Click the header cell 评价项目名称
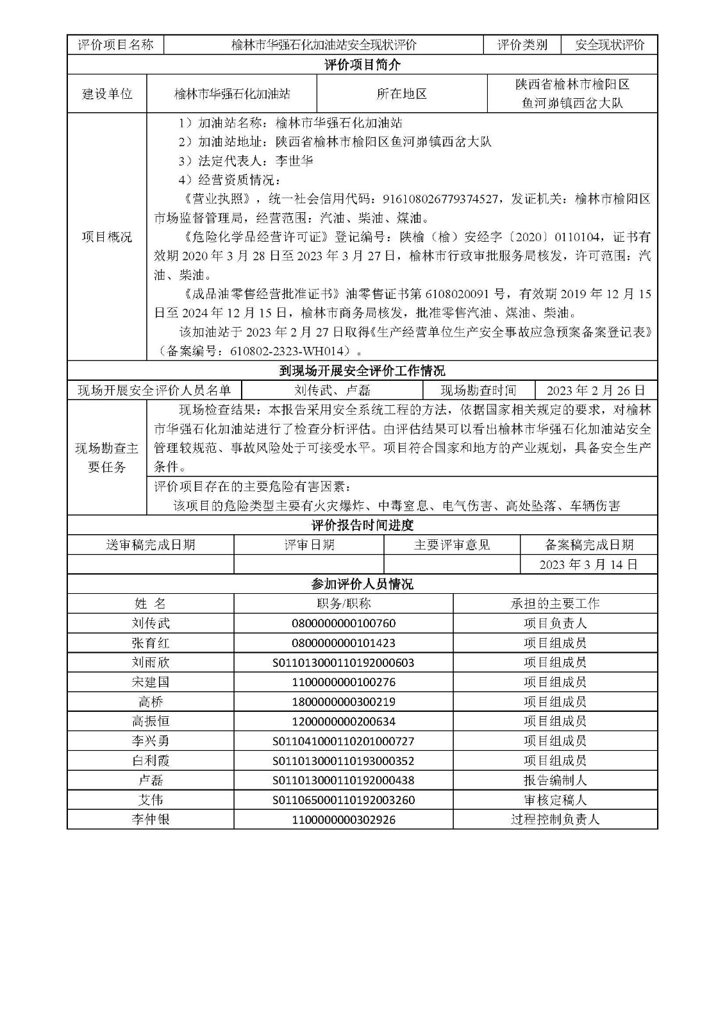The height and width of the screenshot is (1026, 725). tap(115, 45)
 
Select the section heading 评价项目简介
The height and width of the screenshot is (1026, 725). tap(362, 65)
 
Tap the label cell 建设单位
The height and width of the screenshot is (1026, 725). tap(107, 94)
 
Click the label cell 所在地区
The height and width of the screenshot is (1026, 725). tap(401, 94)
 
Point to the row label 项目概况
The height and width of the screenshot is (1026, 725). tap(107, 237)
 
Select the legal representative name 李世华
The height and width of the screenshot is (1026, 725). tap(294, 160)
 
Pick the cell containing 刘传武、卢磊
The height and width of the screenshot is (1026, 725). tap(332, 391)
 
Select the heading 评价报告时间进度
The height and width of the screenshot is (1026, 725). tap(362, 525)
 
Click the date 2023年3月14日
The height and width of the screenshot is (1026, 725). tap(588, 564)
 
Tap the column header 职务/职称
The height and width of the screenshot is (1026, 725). tap(344, 603)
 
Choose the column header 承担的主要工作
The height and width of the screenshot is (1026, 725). tap(555, 603)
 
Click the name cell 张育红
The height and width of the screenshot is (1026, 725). tap(151, 643)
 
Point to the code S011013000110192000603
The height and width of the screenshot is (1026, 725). tap(344, 662)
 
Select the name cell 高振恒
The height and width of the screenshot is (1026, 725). tap(151, 721)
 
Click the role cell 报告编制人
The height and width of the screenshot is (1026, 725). tap(555, 780)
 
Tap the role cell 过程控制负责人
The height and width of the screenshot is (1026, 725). tap(555, 820)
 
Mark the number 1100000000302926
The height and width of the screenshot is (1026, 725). tap(344, 820)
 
